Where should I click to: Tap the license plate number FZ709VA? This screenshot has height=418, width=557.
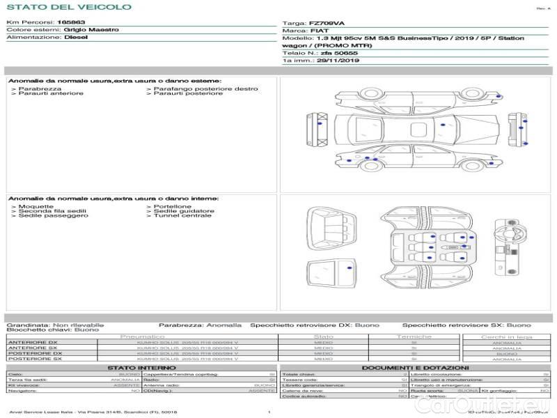(x=327, y=23)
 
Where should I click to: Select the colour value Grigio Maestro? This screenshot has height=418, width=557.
(x=91, y=30)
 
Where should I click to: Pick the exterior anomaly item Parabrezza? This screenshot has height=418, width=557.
(x=40, y=89)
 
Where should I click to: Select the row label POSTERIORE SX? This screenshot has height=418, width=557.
(x=34, y=359)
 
